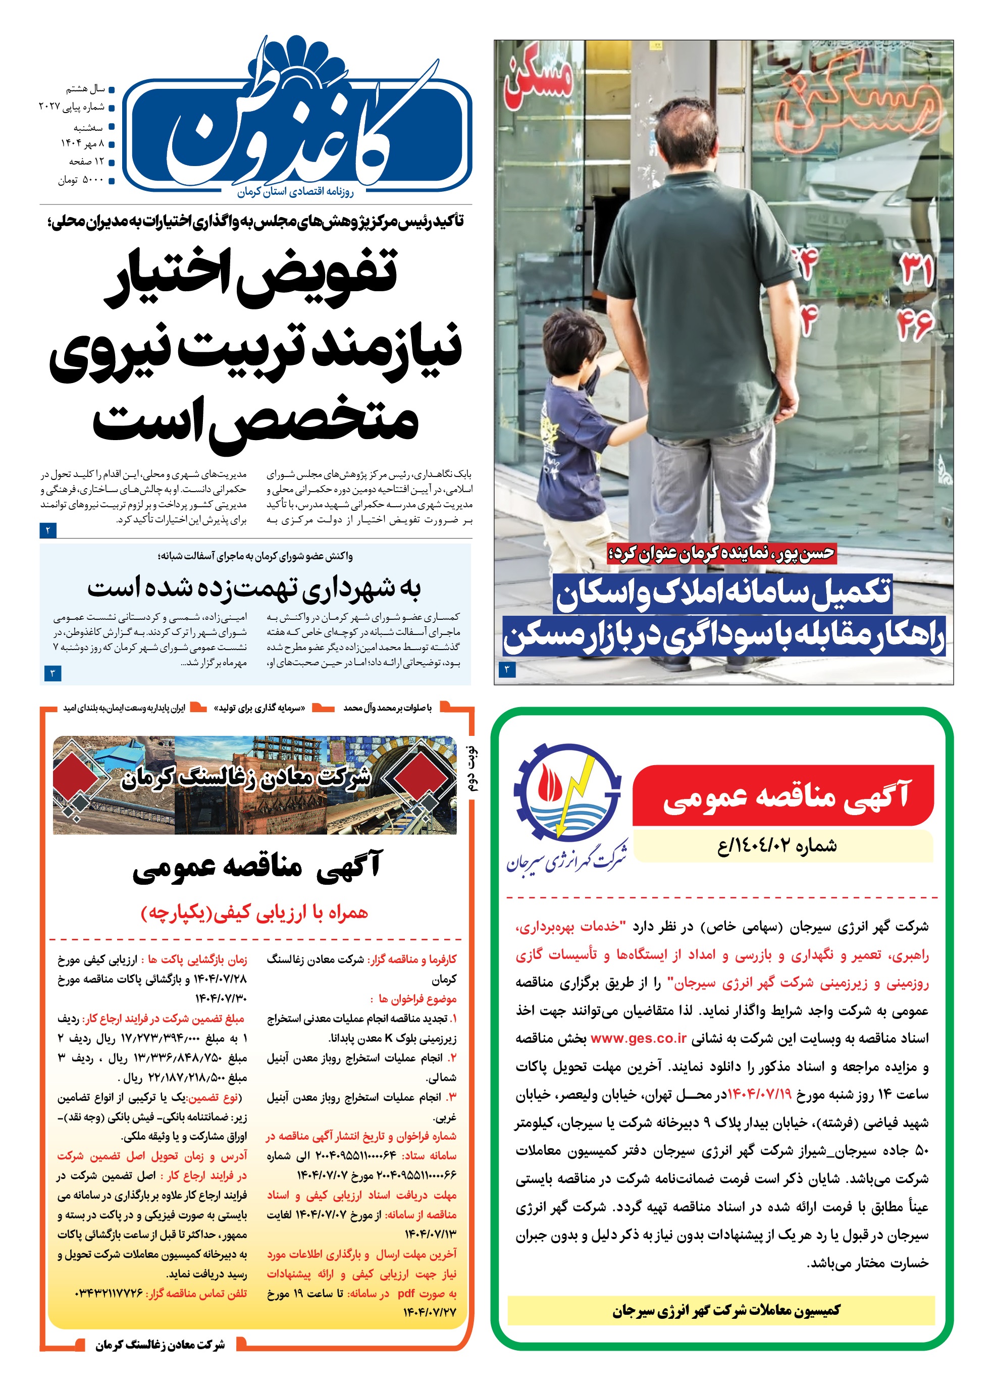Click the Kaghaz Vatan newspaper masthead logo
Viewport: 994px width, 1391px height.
[x=297, y=122]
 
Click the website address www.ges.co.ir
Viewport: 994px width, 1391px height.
[x=639, y=1038]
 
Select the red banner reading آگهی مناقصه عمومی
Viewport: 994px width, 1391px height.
[x=783, y=796]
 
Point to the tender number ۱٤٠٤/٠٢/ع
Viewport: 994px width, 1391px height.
[x=777, y=846]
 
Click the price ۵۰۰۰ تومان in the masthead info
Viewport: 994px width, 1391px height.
[x=81, y=181]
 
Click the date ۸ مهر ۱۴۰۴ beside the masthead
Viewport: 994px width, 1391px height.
[x=82, y=144]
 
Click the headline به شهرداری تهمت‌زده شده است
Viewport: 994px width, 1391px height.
[x=254, y=587]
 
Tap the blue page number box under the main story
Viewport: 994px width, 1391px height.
[x=48, y=530]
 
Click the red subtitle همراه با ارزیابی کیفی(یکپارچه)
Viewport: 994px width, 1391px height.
[x=254, y=913]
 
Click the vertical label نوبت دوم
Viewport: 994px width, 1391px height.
[x=473, y=768]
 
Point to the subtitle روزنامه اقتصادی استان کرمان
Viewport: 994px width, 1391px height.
[x=296, y=192]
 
